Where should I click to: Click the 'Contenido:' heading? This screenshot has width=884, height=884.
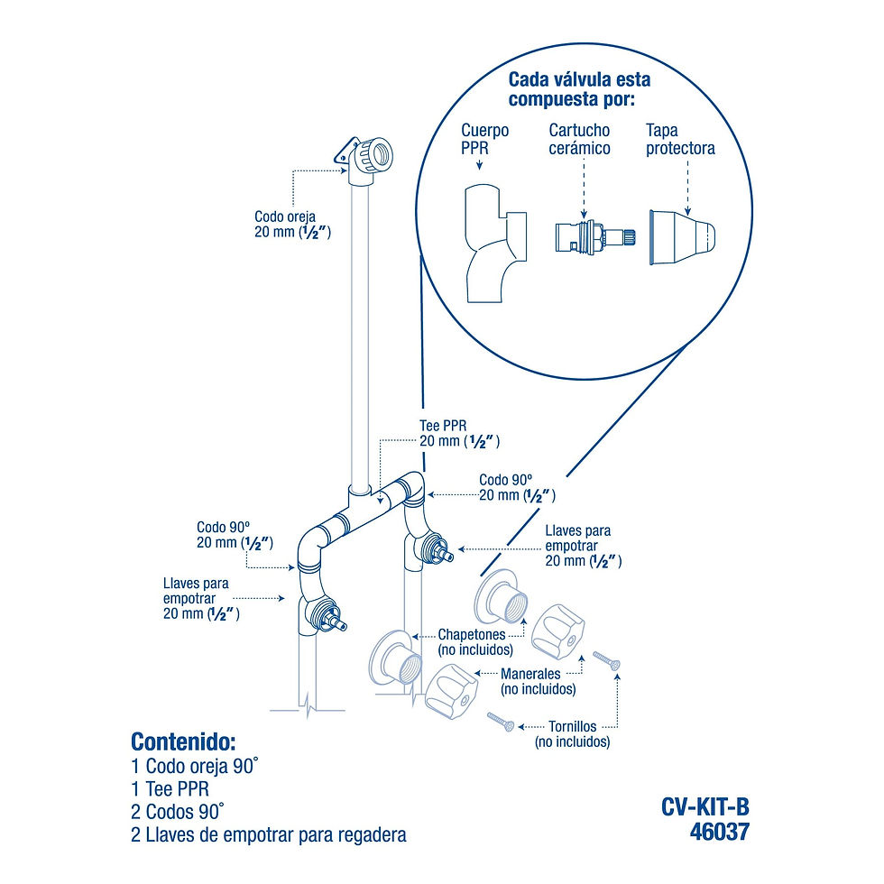(183, 741)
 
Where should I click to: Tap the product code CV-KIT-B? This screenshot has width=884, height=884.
(704, 806)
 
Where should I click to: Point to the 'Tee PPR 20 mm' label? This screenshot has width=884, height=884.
(459, 433)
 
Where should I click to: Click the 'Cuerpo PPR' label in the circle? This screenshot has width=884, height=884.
(485, 138)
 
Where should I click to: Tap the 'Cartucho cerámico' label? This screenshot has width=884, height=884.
(579, 139)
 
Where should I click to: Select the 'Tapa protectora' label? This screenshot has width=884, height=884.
(680, 139)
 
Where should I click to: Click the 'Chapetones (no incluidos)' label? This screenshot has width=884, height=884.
(475, 641)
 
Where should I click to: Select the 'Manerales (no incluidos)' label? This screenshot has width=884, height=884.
(538, 680)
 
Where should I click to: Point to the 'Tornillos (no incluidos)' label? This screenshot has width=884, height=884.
(572, 733)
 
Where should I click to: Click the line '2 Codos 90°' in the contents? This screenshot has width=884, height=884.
(177, 810)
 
